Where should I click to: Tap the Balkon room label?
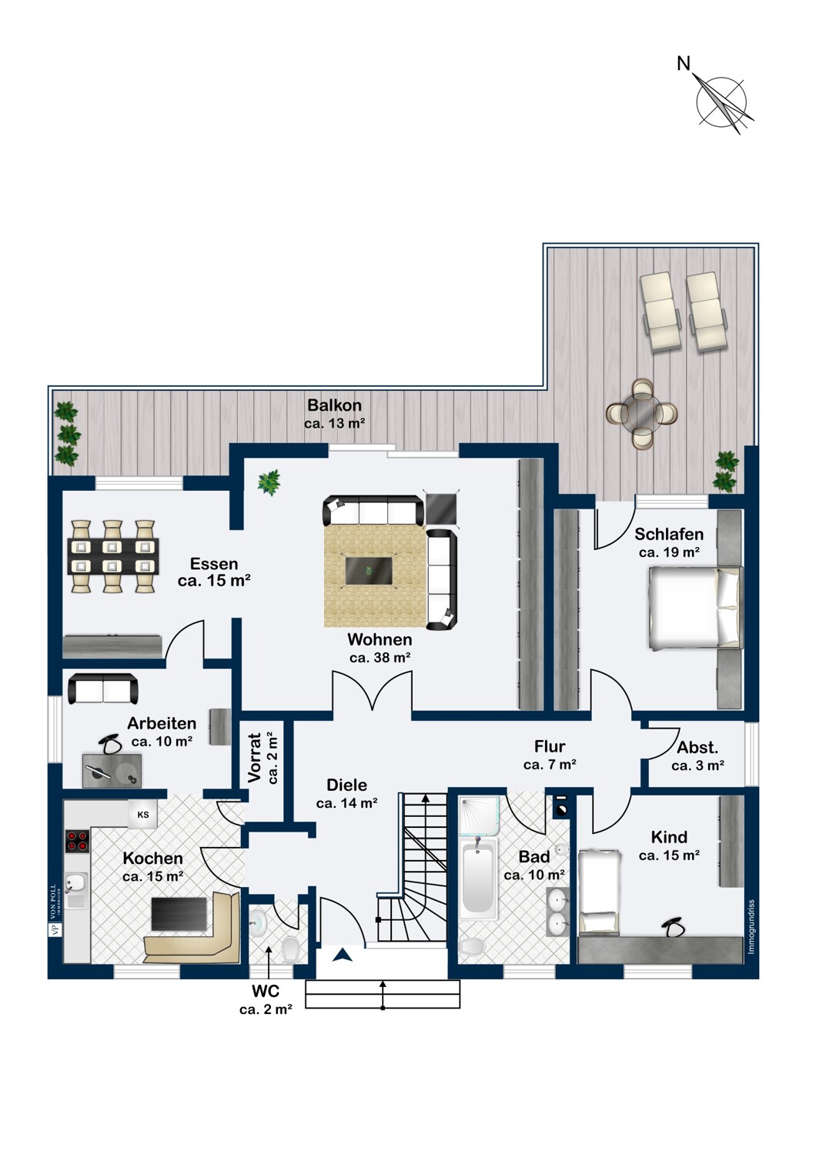pyautogui.click(x=334, y=405)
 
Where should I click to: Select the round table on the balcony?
pyautogui.click(x=642, y=413)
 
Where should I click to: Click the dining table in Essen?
pyautogui.click(x=113, y=557)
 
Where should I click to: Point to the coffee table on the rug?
pyautogui.click(x=369, y=571)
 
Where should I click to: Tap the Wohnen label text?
pyautogui.click(x=380, y=639)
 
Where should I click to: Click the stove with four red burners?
pyautogui.click(x=77, y=840)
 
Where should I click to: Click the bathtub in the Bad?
pyautogui.click(x=478, y=878)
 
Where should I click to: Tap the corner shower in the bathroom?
pyautogui.click(x=479, y=816)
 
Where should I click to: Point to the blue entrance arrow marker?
pyautogui.click(x=343, y=956)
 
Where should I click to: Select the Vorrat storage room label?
pyautogui.click(x=255, y=758)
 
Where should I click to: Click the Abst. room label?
pyautogui.click(x=697, y=747)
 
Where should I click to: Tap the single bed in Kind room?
pyautogui.click(x=600, y=892)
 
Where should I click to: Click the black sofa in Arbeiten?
pyautogui.click(x=103, y=689)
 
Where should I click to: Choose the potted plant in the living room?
pyautogui.click(x=269, y=482)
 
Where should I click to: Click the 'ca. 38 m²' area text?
pyautogui.click(x=380, y=658)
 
